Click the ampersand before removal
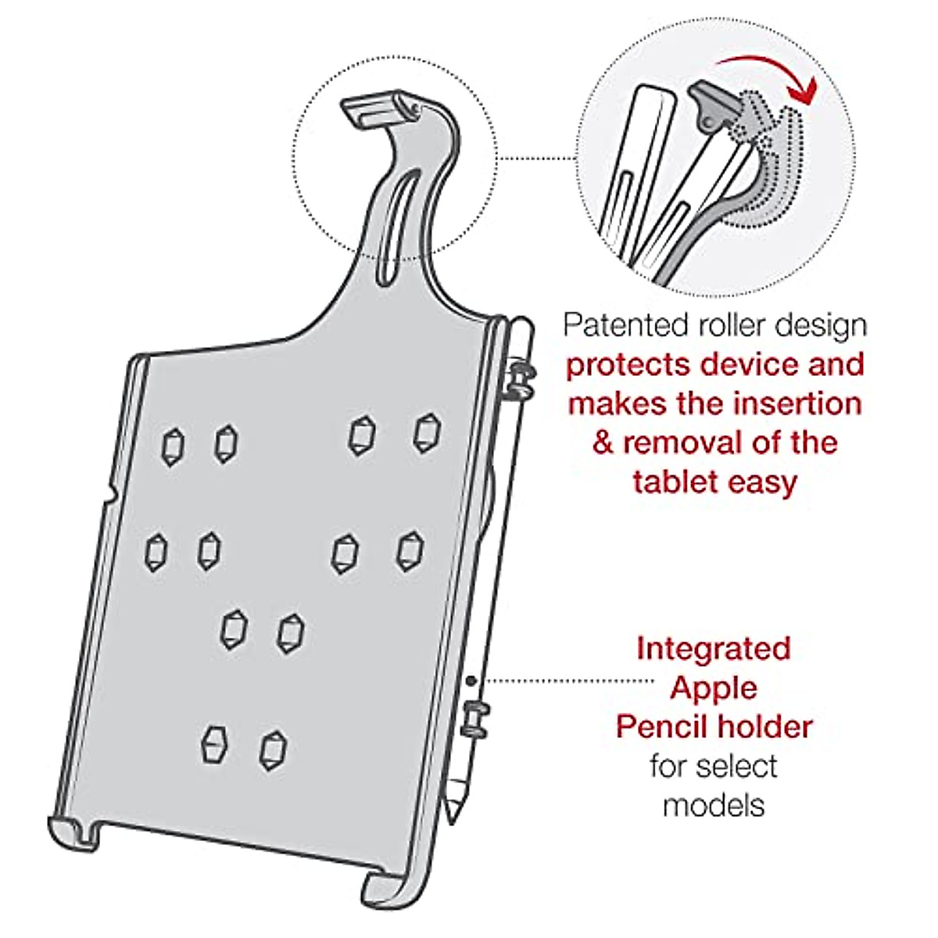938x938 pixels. point(603,443)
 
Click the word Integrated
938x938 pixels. point(714,648)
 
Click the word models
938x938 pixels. point(714,805)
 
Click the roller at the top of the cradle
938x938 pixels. point(381,109)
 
